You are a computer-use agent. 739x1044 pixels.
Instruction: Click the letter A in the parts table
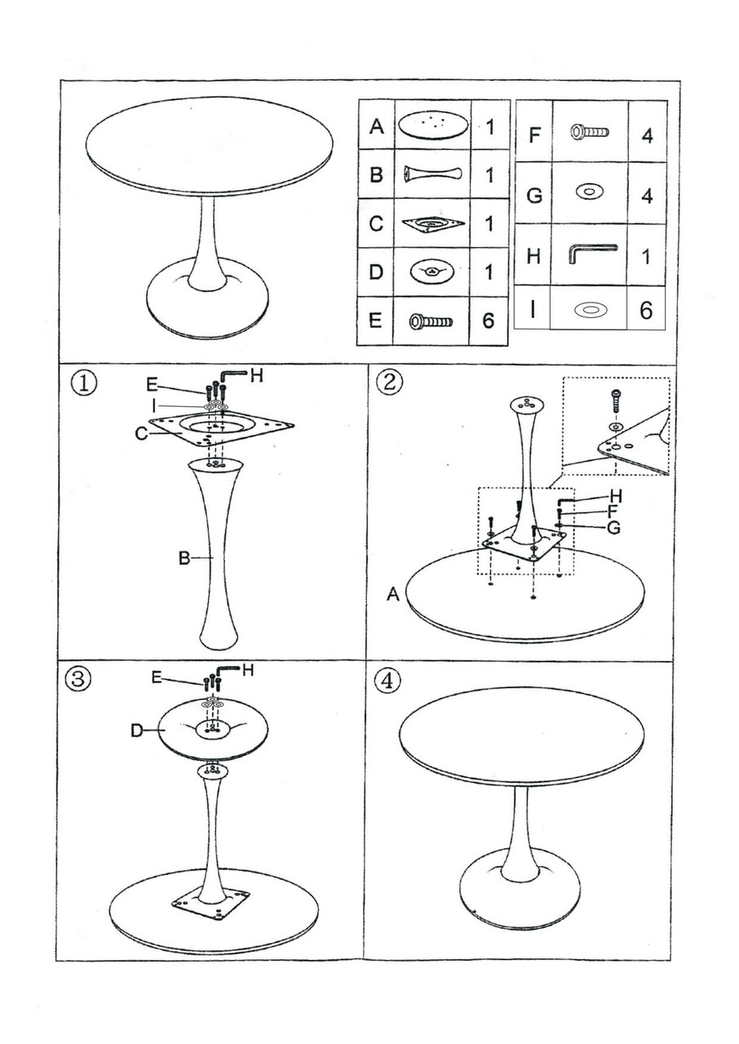tap(376, 126)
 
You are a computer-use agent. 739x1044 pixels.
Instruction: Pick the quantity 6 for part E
tap(489, 320)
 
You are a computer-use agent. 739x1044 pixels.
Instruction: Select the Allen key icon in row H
tap(591, 254)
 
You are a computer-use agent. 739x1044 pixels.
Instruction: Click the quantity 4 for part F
tap(647, 135)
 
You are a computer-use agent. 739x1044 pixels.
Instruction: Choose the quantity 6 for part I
tap(646, 311)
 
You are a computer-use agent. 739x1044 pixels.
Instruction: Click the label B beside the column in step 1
tap(184, 558)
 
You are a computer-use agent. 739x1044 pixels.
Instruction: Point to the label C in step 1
tap(141, 434)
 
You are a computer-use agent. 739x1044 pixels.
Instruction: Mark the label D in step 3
tap(137, 731)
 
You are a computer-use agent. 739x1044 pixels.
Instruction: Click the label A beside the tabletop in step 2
tap(393, 596)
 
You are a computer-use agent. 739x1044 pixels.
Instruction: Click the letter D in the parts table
tap(376, 272)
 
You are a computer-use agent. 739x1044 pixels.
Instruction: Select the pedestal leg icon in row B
tap(432, 174)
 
